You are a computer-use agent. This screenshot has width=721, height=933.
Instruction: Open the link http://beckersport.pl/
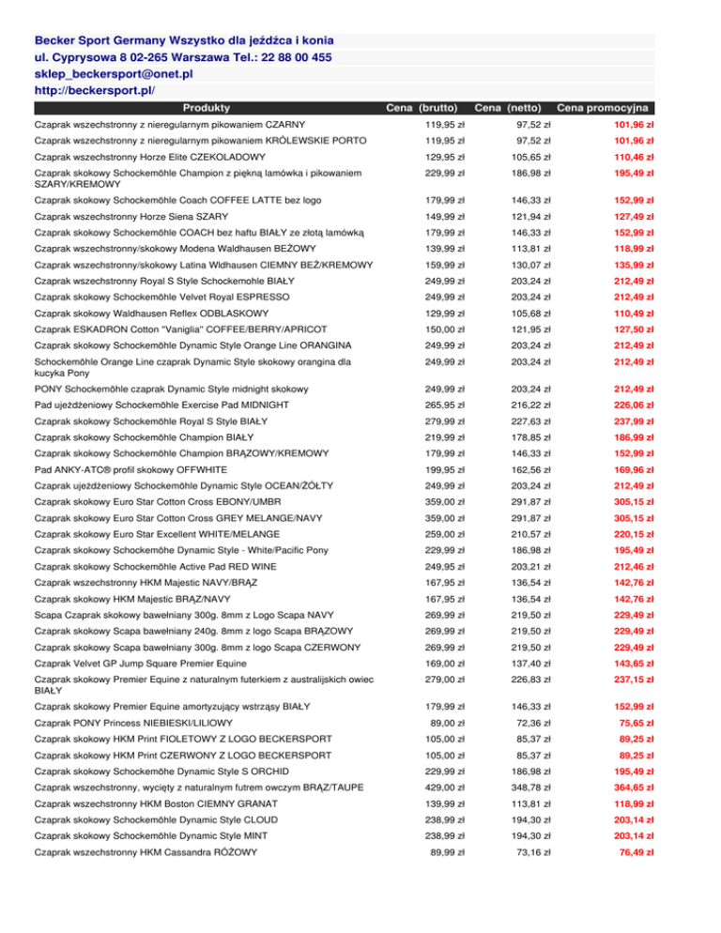tap(94, 90)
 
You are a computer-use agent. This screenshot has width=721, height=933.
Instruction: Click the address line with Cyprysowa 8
tap(182, 57)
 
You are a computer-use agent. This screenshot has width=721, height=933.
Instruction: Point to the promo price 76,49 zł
tap(635, 851)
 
